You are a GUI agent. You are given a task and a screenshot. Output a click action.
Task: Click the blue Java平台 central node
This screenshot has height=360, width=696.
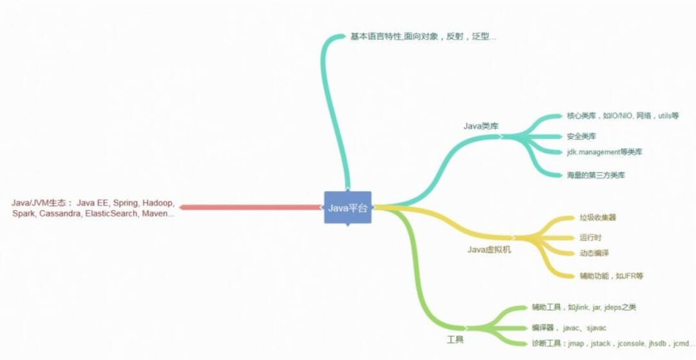(x=347, y=207)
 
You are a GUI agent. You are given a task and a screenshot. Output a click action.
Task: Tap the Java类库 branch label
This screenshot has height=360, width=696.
(x=481, y=126)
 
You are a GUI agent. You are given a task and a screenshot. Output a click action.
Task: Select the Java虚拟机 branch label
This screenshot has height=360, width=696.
(x=489, y=249)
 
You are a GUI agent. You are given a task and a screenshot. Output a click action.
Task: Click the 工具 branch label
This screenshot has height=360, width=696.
(x=455, y=339)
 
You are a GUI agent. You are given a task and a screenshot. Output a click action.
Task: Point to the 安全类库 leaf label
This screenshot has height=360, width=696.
(x=581, y=137)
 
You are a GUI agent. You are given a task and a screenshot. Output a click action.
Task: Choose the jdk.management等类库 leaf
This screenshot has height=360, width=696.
(x=604, y=152)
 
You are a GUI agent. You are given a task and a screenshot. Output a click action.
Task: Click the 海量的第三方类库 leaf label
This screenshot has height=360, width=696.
(x=596, y=175)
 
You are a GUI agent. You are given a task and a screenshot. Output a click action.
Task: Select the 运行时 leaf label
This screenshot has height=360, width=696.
(x=590, y=238)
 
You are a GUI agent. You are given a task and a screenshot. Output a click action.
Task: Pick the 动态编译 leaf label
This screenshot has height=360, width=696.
(x=594, y=253)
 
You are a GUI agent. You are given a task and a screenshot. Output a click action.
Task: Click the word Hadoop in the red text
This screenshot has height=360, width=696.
(x=159, y=202)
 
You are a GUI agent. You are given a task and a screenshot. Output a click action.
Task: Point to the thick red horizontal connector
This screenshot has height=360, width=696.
(x=251, y=207)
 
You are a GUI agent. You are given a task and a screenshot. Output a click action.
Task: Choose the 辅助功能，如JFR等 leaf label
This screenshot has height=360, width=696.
(x=611, y=276)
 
